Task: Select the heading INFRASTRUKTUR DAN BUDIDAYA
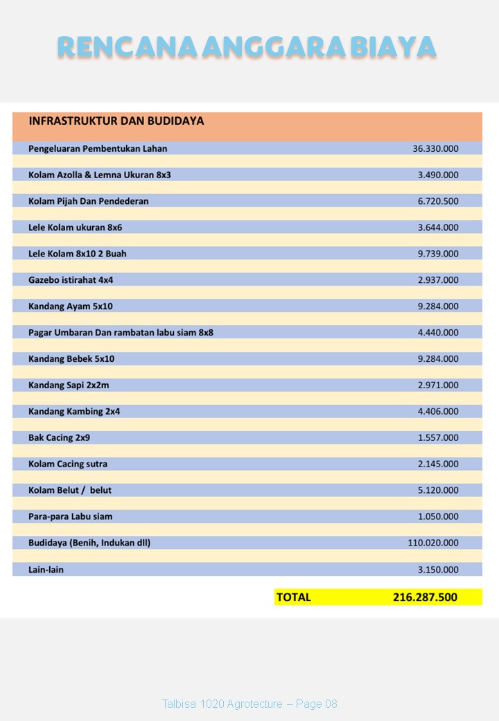116,121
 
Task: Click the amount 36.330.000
435,148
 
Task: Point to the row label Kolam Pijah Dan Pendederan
89,201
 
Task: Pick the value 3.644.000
438,227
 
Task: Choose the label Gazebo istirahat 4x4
71,280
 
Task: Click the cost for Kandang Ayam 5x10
438,306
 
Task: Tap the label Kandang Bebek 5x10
71,359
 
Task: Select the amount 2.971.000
438,385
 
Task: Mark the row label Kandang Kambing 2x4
74,412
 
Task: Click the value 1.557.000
438,438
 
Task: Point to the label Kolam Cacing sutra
68,464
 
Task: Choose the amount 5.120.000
438,491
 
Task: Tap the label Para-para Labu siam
71,517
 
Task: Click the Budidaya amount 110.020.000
433,544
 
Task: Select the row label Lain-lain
46,570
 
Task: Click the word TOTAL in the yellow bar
294,597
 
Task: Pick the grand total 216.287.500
425,597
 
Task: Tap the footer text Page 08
317,704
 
